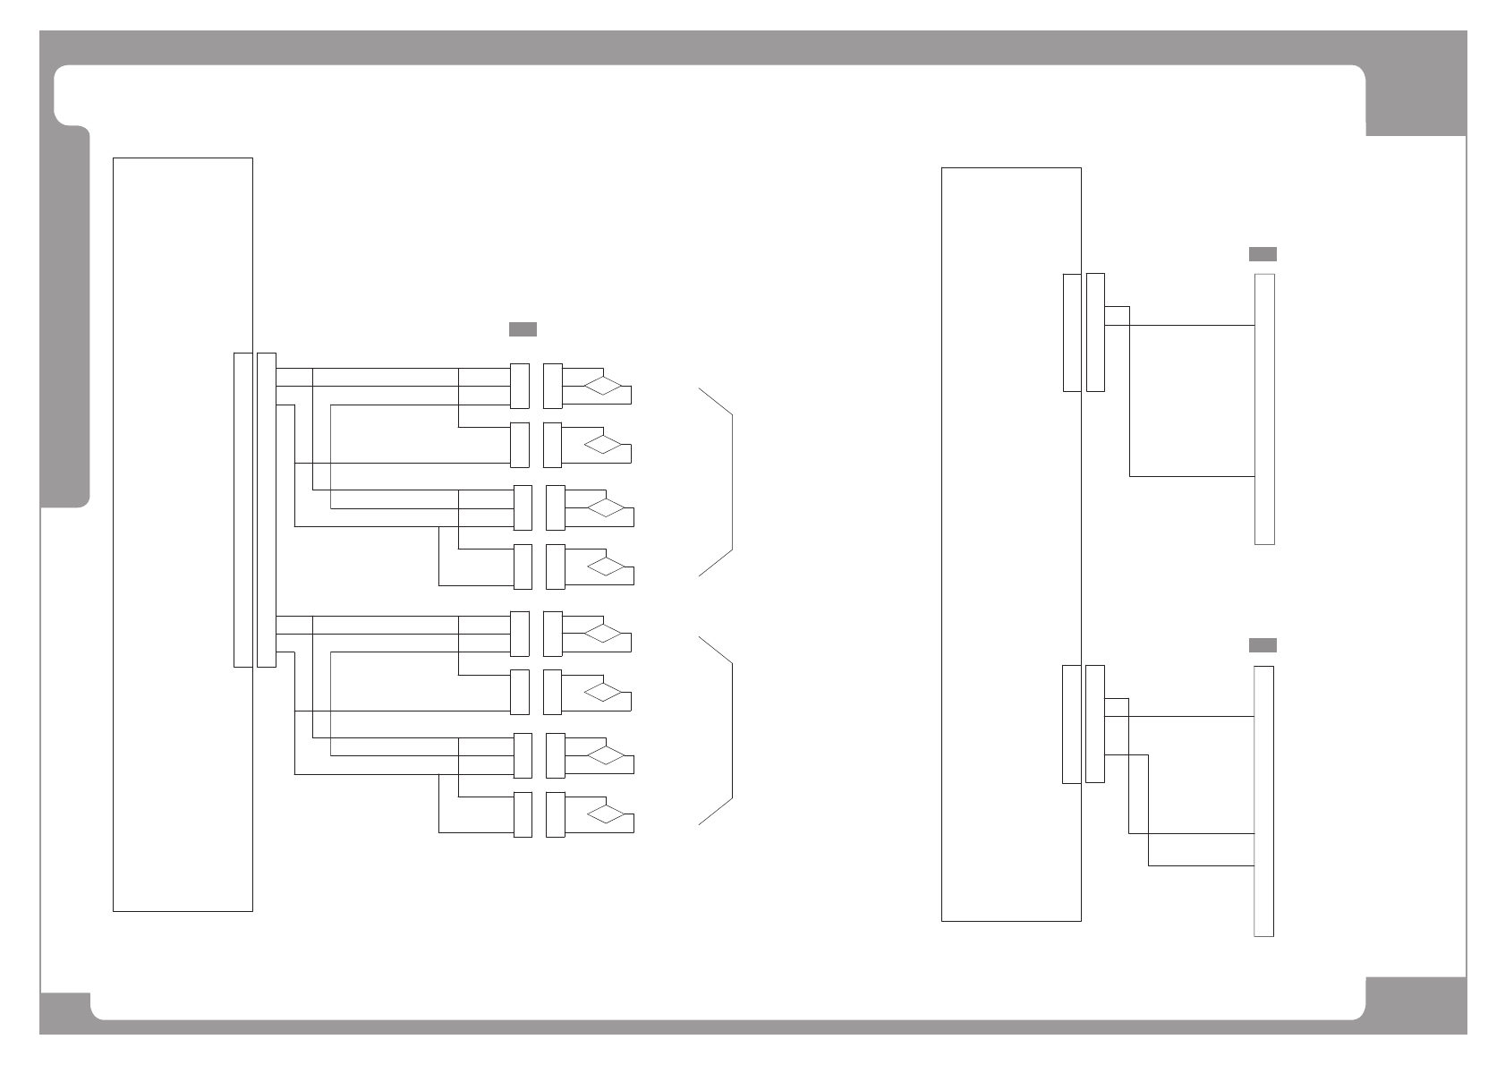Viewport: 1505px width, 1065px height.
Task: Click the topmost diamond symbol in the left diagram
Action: coord(603,386)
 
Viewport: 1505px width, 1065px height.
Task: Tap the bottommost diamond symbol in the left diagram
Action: coord(606,814)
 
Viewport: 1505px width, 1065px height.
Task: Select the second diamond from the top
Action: coord(603,445)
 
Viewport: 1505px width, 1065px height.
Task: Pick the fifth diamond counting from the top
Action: coord(603,634)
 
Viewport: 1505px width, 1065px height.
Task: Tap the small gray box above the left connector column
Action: coord(523,328)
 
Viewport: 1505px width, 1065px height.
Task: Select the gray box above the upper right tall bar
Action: coord(1263,254)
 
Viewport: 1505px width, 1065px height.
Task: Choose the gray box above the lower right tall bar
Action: coord(1263,645)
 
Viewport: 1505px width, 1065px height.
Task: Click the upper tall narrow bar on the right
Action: coord(1264,409)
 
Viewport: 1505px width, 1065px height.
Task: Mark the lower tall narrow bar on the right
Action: coord(1263,801)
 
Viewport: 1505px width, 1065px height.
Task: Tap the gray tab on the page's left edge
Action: coord(66,318)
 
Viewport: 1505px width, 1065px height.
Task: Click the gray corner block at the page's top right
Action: coord(1416,101)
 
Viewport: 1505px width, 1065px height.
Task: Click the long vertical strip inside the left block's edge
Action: coord(242,509)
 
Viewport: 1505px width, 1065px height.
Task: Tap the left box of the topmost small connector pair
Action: coord(519,386)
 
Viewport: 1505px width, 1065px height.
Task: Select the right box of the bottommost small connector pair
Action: coord(556,814)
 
